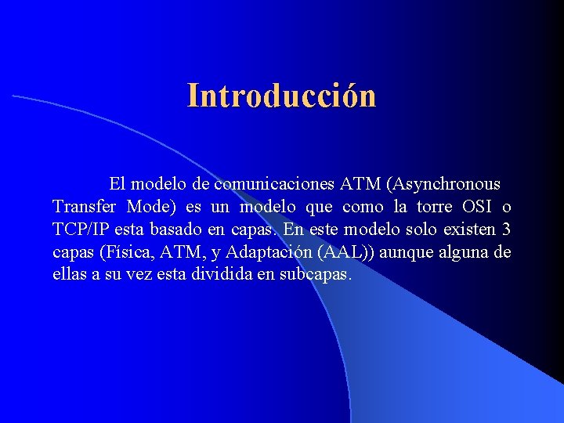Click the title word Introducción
pyautogui.click(x=282, y=96)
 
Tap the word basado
pyautogui.click(x=180, y=230)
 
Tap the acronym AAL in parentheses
pyautogui.click(x=332, y=253)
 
